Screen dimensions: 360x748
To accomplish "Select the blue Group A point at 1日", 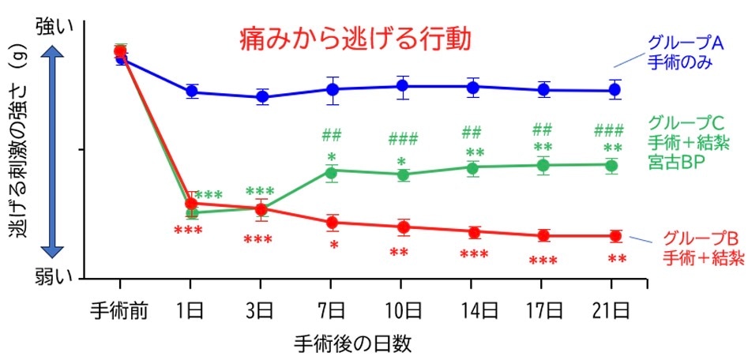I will click(191, 92).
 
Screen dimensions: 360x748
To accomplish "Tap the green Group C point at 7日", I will click(331, 172).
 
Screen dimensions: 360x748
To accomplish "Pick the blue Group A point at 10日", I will click(403, 86).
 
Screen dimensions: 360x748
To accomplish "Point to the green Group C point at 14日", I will click(472, 167).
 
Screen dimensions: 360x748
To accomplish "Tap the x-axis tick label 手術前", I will click(120, 308).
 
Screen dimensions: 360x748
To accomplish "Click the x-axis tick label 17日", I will click(543, 308).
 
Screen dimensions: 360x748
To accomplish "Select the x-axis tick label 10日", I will click(402, 308).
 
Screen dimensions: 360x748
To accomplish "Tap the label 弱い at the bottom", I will click(54, 275).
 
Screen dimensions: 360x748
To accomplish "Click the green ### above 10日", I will click(403, 141).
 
